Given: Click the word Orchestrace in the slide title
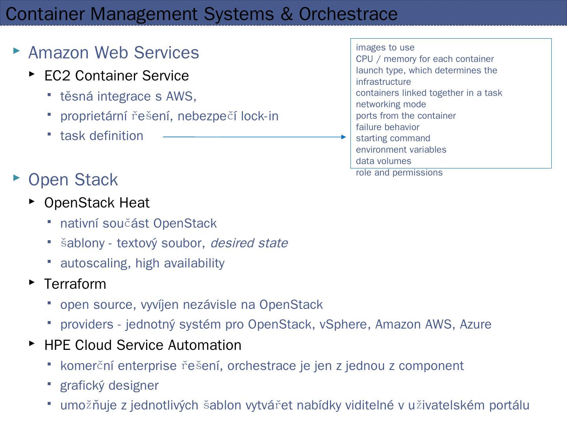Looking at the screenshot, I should (348, 14).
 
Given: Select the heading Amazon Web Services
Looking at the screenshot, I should (113, 52).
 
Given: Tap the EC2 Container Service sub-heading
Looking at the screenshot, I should (117, 76).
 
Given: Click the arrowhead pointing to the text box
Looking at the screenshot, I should (343, 137).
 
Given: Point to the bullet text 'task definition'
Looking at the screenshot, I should (102, 136).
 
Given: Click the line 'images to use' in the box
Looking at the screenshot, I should (385, 48).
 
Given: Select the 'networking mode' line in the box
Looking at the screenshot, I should (391, 105).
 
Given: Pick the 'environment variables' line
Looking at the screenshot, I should (401, 150).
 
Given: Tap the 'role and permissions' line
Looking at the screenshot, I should (399, 173).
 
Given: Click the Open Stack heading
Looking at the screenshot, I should (73, 180).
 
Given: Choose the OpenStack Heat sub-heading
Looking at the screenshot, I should (97, 203).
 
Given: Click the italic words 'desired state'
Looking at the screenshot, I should (249, 243).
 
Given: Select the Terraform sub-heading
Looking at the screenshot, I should (75, 284).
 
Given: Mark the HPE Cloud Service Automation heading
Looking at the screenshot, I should (143, 345).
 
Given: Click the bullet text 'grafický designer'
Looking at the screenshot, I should (109, 385).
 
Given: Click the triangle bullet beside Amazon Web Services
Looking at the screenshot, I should (17, 50).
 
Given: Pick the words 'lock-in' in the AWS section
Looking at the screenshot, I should (259, 116).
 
